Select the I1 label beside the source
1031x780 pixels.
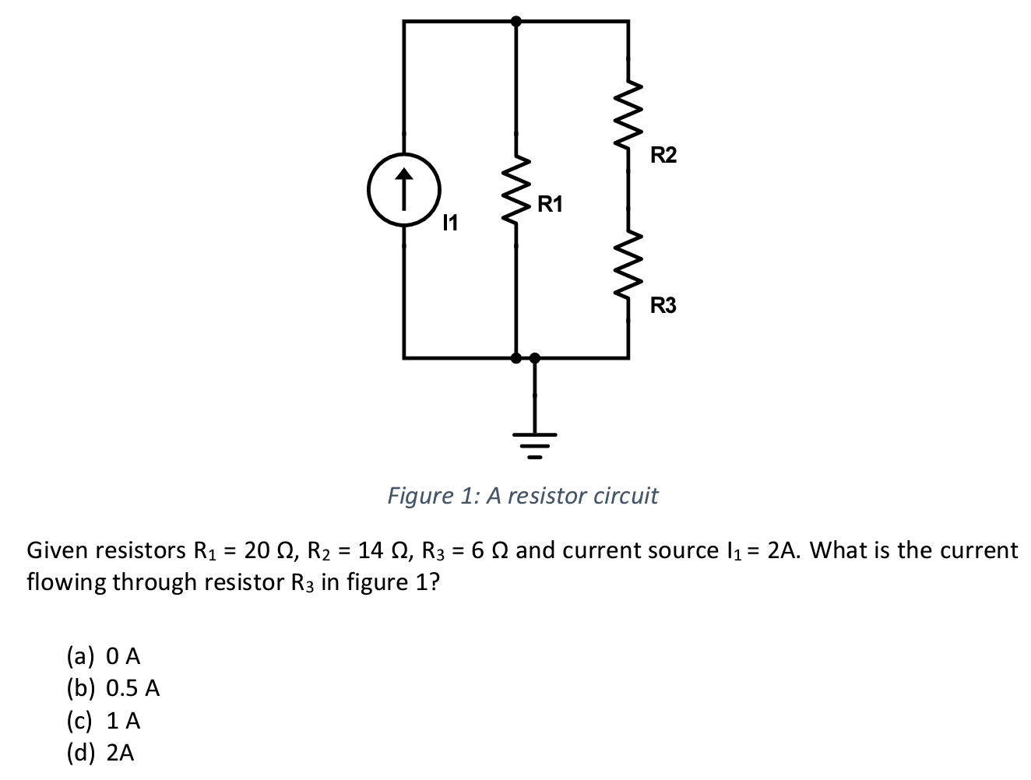[449, 224]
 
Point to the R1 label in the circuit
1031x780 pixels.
[549, 206]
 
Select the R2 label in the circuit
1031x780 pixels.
[663, 156]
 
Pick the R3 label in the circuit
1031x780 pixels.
[663, 306]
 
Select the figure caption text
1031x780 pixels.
[523, 496]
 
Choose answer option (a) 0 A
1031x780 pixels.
[104, 656]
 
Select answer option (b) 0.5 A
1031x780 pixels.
[113, 688]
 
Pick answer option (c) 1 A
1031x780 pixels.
[104, 721]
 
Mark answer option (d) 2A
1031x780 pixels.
[100, 753]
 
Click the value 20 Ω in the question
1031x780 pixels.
[264, 551]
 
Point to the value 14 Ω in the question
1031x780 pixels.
[379, 551]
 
